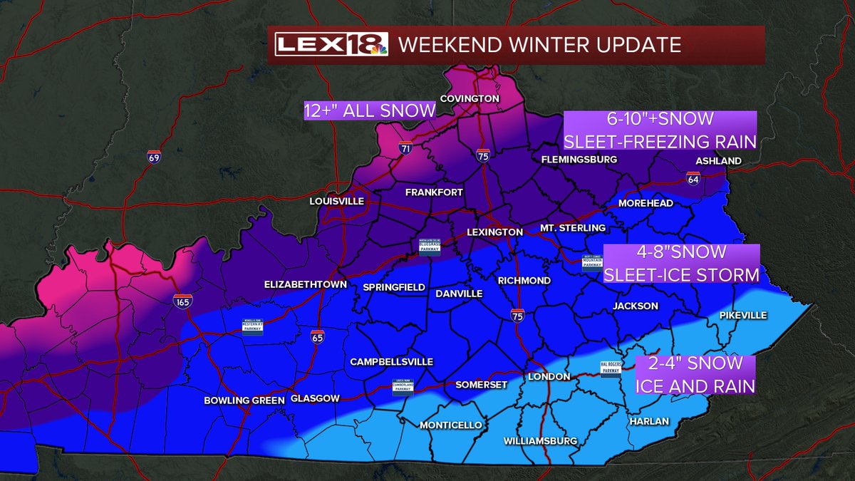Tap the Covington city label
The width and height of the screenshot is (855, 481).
[470, 98]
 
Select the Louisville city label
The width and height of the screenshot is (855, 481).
[337, 202]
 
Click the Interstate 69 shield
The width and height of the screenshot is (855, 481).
[154, 157]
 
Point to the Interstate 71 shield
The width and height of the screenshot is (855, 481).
[405, 149]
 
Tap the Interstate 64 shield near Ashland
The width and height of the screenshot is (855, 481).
[693, 178]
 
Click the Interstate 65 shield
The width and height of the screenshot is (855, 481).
[317, 336]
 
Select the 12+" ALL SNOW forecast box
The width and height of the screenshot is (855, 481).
[369, 110]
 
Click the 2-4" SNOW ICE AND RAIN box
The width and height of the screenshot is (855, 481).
[695, 376]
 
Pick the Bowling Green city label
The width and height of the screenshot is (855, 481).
[244, 400]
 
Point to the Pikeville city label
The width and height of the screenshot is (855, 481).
[742, 314]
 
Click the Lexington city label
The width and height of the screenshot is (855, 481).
[494, 232]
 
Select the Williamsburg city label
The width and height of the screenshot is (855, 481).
[540, 441]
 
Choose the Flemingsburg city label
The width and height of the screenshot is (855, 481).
[579, 160]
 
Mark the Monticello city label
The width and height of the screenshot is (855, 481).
[450, 425]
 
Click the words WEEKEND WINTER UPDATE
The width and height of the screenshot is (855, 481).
[539, 45]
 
